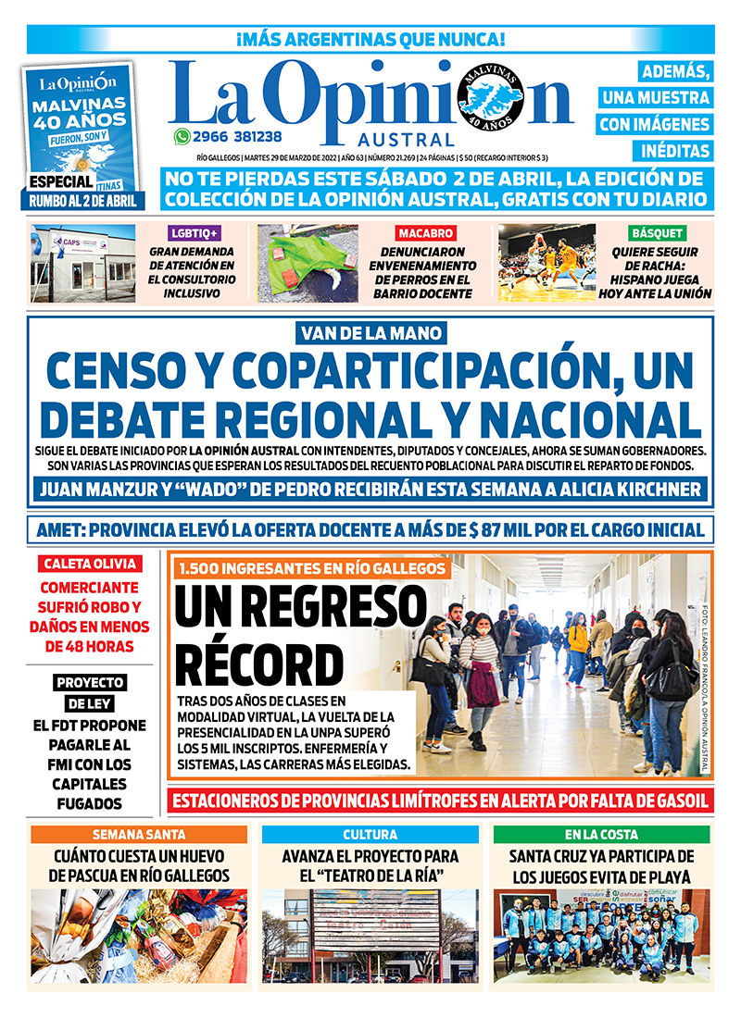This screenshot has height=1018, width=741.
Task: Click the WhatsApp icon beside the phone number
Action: (182, 136)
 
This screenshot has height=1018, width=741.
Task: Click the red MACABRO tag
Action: (425, 233)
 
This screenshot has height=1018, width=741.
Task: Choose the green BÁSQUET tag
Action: (657, 233)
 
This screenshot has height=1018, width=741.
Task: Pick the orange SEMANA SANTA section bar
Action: (139, 835)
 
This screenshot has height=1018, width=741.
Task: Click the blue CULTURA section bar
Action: (370, 835)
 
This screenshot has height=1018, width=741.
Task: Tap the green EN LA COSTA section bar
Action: (602, 835)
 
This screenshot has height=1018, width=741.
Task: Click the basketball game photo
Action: (546, 263)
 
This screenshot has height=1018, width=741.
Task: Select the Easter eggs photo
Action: (139, 935)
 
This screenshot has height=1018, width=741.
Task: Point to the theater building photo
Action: (370, 935)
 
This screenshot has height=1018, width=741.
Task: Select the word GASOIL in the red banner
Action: (677, 801)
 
